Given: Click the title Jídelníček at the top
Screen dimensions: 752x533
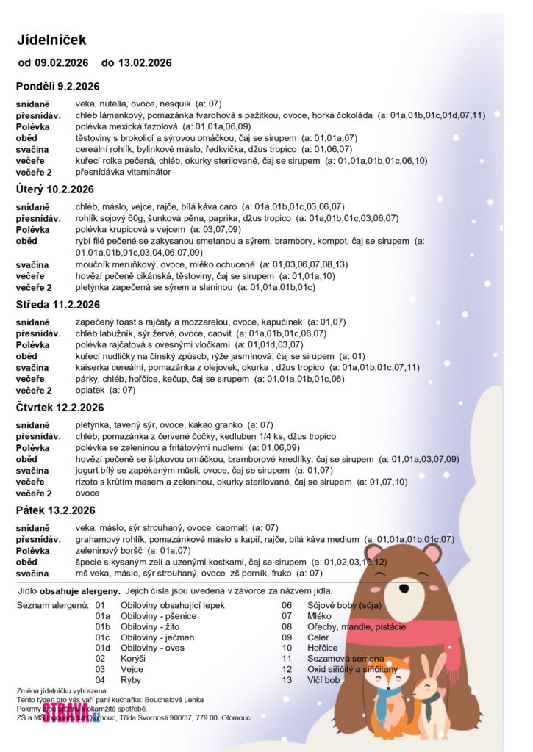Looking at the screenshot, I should coord(52,40).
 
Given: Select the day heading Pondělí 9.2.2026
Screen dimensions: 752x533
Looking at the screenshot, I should coord(57,86).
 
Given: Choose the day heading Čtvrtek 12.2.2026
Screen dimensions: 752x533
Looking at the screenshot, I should coord(60,407).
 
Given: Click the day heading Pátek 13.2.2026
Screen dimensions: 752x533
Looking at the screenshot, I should coord(55,510).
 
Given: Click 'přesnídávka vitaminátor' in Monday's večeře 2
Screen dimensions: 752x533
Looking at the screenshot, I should coord(123,172).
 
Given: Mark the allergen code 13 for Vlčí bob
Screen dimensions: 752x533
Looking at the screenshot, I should coord(287,680).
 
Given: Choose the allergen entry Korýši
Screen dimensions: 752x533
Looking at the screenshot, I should coord(133,659).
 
